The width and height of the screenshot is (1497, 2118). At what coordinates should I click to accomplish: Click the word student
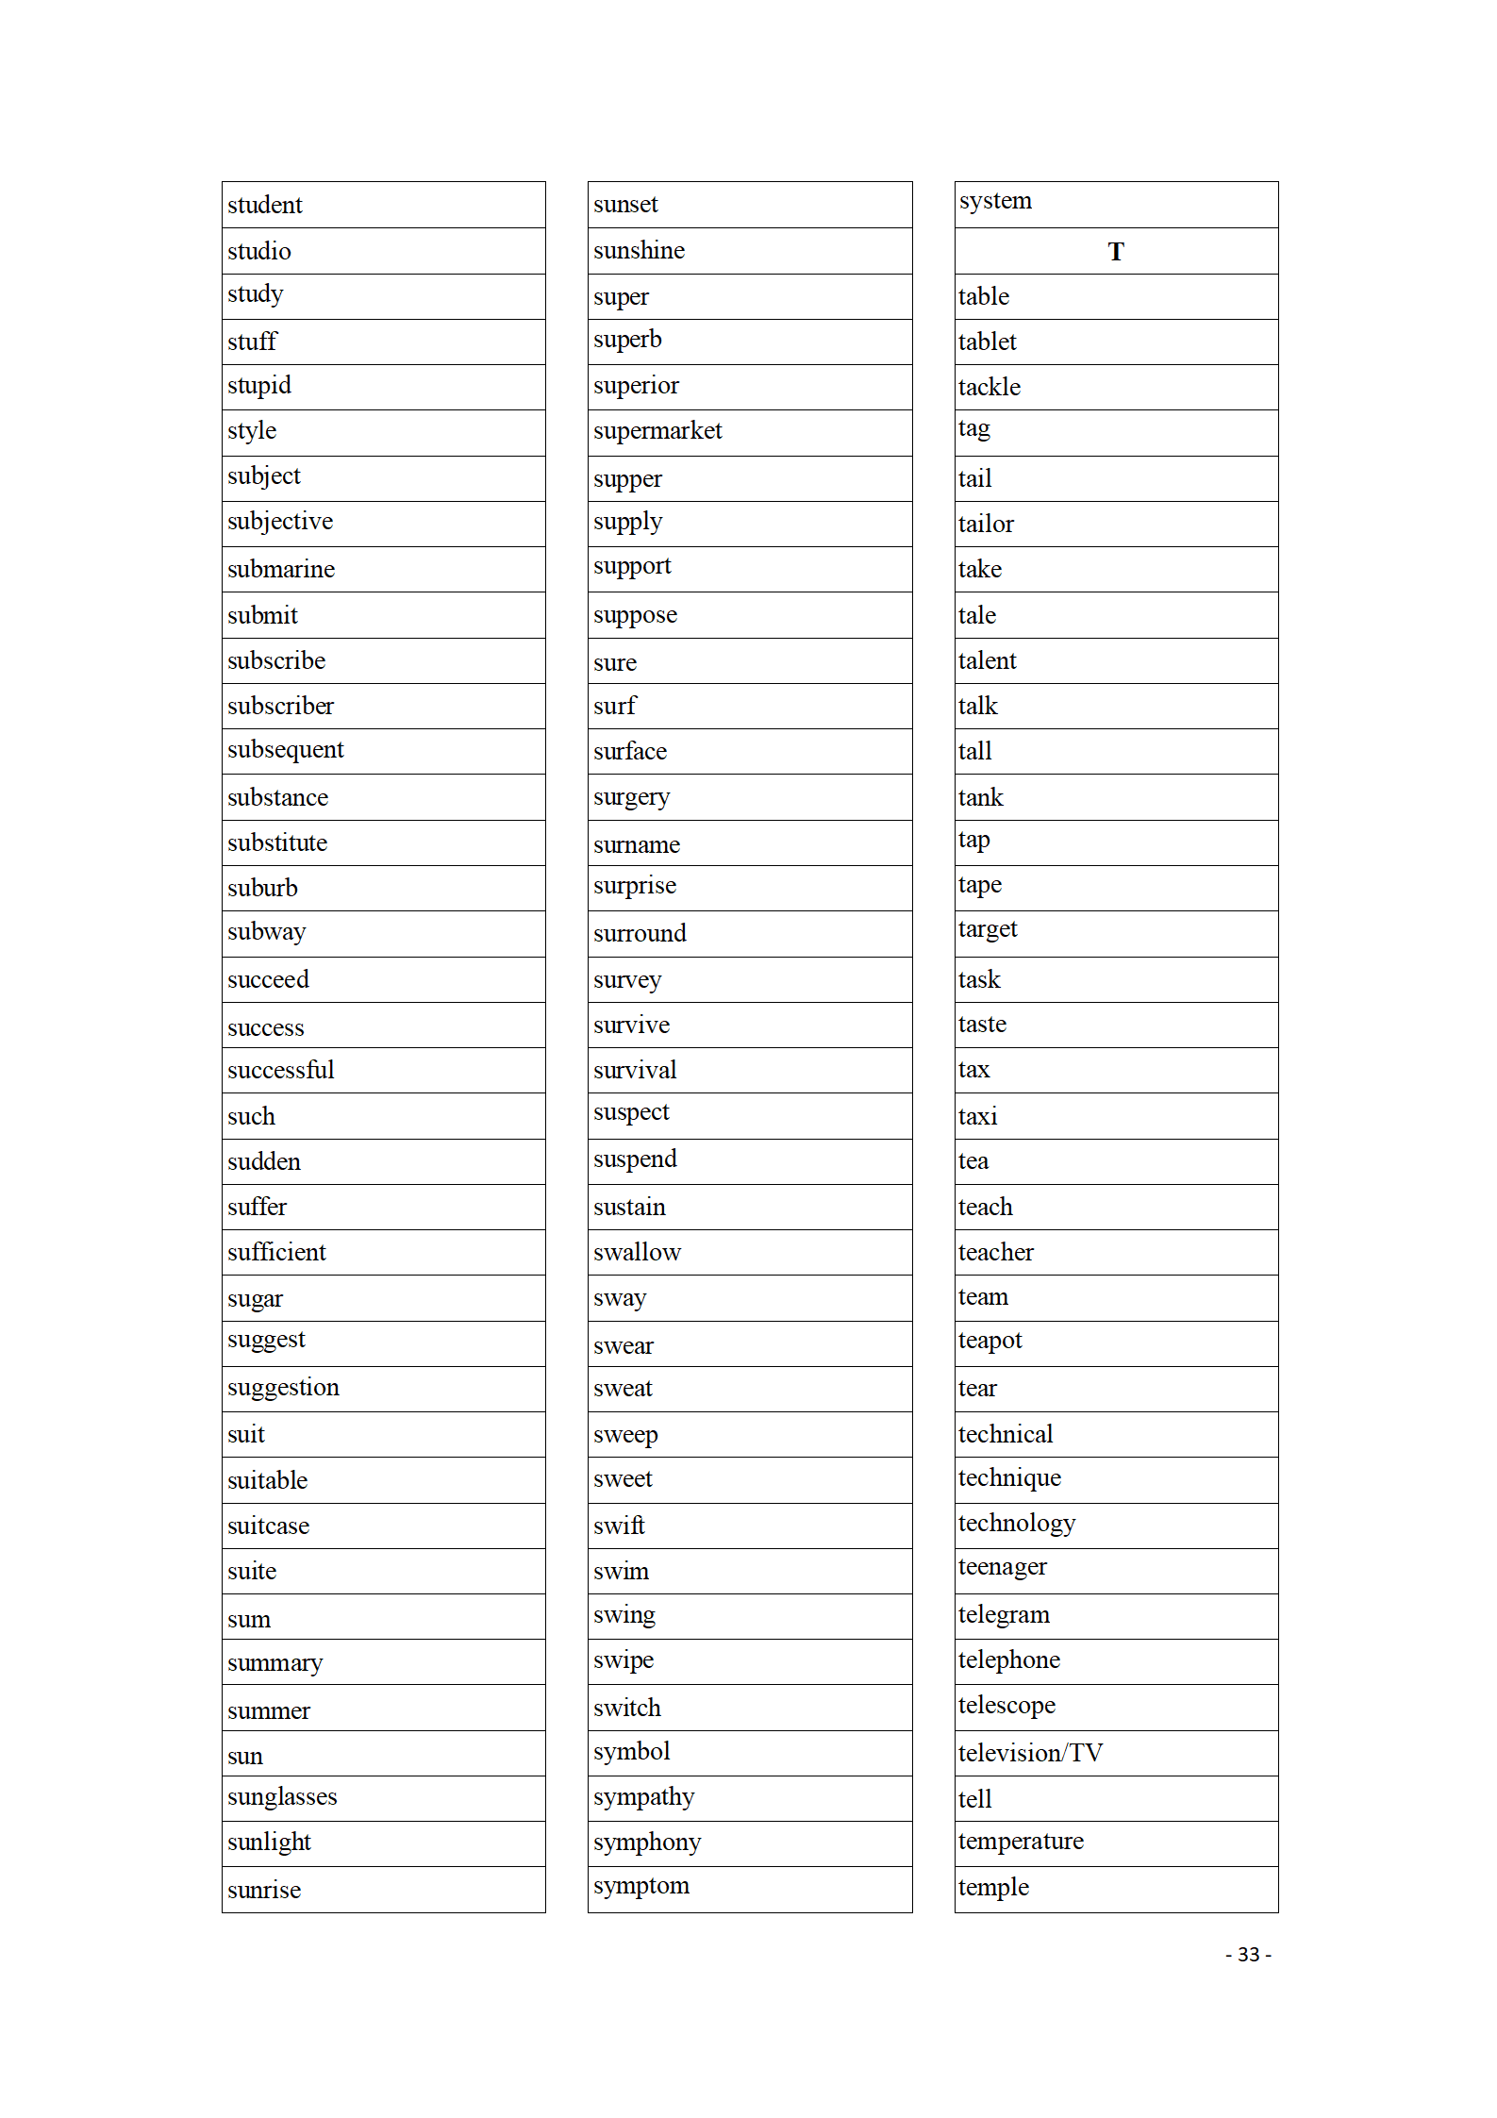coord(264,205)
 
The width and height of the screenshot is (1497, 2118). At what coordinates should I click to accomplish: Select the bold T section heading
coord(1116,252)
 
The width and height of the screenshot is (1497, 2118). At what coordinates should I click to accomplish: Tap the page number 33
coord(1248,1954)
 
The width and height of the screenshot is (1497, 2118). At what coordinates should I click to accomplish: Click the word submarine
coord(280,569)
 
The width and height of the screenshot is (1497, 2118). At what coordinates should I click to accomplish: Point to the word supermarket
coord(657,431)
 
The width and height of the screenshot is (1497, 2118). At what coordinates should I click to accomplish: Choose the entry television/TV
coord(1030,1753)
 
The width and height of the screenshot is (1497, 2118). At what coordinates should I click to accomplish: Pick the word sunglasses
coord(282,1797)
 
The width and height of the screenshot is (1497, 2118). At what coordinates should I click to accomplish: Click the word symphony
coord(647,1843)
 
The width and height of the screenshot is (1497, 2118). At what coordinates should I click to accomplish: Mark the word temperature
coord(1021,1841)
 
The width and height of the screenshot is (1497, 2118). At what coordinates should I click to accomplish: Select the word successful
coord(280,1070)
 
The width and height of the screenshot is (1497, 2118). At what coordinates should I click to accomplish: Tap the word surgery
coord(631,797)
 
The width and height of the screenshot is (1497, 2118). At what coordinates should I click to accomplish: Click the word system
coord(995,201)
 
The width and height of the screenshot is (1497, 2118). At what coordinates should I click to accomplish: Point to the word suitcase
coord(268,1526)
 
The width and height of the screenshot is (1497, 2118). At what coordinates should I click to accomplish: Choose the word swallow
coord(637,1252)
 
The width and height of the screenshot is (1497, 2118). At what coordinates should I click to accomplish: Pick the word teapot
coord(990,1341)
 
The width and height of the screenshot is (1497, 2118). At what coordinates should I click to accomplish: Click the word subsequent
coord(285,750)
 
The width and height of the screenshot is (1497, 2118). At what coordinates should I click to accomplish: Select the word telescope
coord(1006,1706)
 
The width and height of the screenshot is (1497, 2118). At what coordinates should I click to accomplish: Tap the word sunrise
coord(264,1890)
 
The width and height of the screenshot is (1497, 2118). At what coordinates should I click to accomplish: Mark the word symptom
coord(641,1886)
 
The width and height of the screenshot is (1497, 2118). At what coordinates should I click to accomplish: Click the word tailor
coord(986,524)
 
